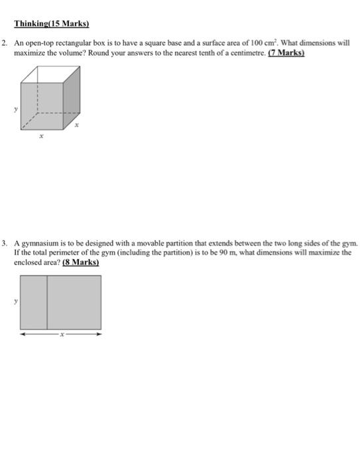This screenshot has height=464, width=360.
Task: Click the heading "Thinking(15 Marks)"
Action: (x=52, y=25)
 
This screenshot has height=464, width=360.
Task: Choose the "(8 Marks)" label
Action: (x=81, y=262)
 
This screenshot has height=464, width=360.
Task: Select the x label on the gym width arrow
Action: (x=60, y=334)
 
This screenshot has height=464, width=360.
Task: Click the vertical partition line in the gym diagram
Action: (x=47, y=302)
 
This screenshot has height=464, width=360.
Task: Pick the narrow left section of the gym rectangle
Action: (x=34, y=302)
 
